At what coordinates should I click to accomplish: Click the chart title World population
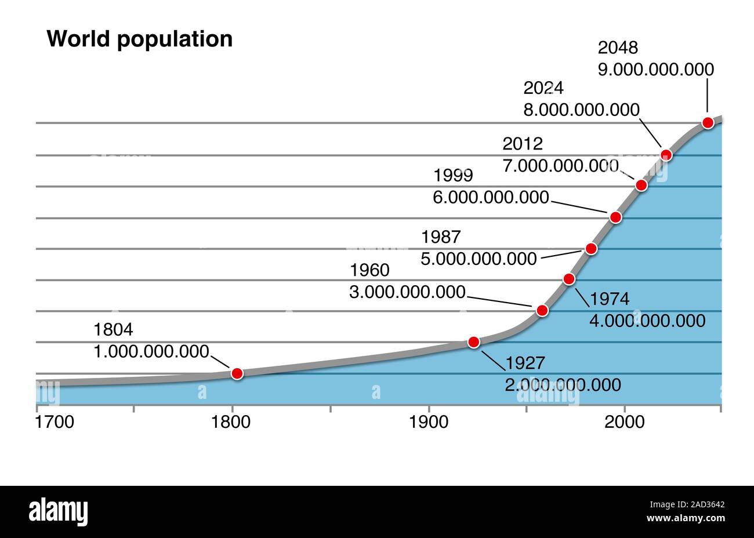139,39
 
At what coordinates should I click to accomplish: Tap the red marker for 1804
237,373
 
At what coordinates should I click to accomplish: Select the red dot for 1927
474,342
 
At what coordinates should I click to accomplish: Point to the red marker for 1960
542,310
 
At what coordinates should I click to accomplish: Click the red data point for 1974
569,279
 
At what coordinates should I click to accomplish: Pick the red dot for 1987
591,249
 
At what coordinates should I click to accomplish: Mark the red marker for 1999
615,217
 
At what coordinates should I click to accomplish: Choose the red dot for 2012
641,185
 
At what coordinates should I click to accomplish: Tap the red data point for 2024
666,154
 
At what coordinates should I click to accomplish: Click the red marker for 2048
708,122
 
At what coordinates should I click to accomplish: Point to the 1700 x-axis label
55,422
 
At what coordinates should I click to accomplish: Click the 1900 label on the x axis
429,422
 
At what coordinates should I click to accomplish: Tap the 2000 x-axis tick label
625,422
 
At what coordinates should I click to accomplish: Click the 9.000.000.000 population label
656,70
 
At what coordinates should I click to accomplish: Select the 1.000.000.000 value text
151,351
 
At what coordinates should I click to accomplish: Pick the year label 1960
370,270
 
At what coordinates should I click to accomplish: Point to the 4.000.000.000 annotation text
647,321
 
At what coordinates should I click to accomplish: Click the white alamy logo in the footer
58,512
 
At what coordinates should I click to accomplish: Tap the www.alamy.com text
685,518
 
